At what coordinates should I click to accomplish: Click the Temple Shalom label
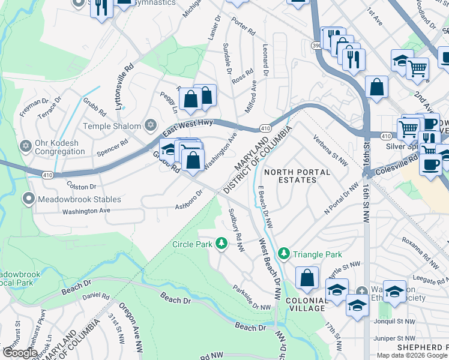pyautogui.click(x=111, y=126)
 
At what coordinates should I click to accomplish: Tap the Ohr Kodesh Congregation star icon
pyautogui.click(x=26, y=146)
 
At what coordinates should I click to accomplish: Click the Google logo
pyautogui.click(x=20, y=353)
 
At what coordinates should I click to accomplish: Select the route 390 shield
pyautogui.click(x=316, y=45)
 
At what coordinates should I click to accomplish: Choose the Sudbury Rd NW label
pyautogui.click(x=235, y=225)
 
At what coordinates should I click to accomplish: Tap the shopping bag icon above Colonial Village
pyautogui.click(x=307, y=278)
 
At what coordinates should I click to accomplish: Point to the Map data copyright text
pyautogui.click(x=412, y=355)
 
